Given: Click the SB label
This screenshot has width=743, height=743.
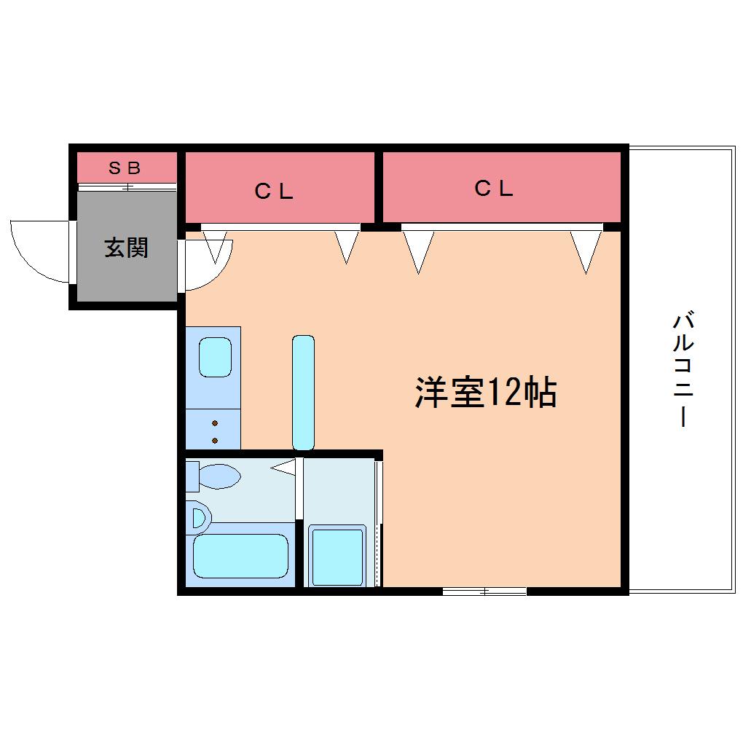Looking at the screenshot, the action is [125, 168].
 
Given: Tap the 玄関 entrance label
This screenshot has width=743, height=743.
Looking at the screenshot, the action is [126, 248].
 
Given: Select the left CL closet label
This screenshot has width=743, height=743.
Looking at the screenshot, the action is [274, 192].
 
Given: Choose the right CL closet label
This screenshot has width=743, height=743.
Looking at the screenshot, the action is [494, 189].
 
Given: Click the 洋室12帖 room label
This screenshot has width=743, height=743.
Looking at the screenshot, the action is [486, 393].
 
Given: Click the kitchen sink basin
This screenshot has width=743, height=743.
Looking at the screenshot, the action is [215, 357].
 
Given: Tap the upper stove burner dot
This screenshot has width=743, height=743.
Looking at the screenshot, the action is [215, 423].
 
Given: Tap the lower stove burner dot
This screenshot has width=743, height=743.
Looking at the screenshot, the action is [215, 441].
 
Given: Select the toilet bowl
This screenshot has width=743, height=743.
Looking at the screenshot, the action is [220, 476].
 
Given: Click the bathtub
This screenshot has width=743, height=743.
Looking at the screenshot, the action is [240, 556].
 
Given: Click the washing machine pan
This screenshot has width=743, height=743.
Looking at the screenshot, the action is [337, 556].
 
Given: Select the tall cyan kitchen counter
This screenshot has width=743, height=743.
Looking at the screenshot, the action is [303, 393].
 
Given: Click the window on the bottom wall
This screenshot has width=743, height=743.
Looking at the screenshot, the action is [484, 591].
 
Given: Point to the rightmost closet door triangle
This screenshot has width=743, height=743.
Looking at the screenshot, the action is [586, 251].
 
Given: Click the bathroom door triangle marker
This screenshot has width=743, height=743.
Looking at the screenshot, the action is [283, 468].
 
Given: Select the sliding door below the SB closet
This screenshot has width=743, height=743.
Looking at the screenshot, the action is [127, 187].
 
